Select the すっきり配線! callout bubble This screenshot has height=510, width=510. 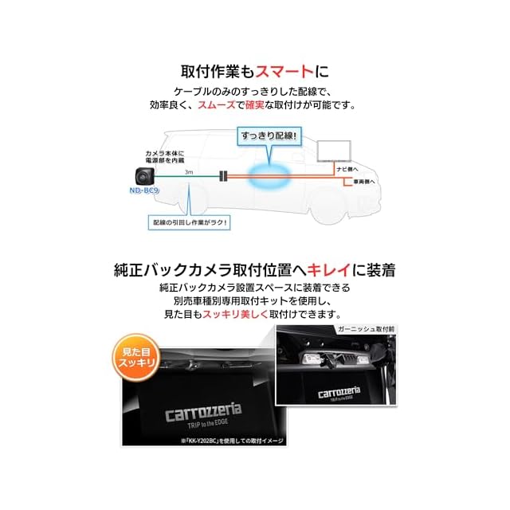(x=269, y=136)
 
